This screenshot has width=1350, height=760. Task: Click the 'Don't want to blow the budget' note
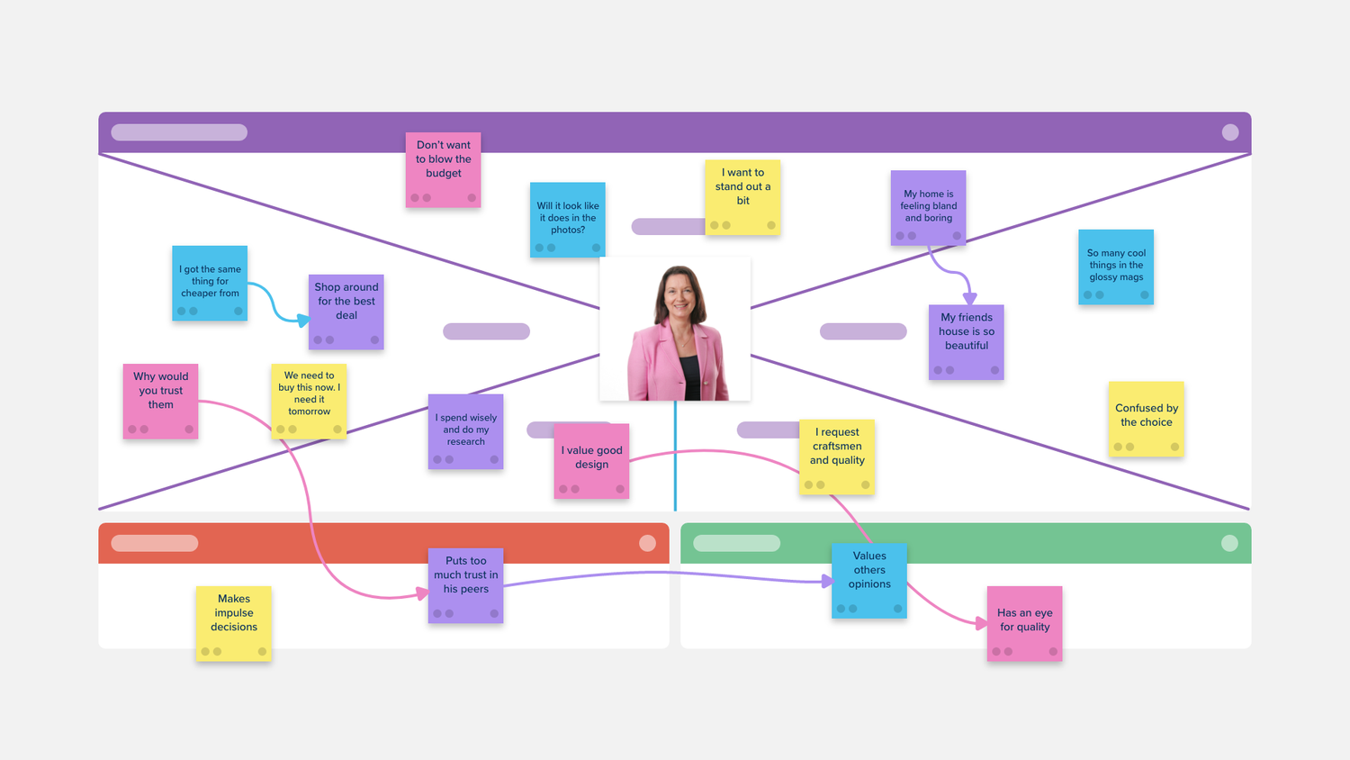443,169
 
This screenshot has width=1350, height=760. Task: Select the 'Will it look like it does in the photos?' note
567,220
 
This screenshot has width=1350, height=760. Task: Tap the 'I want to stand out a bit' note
742,197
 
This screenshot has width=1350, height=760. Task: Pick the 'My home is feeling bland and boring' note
928,208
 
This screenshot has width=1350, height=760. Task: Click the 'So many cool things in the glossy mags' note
1116,267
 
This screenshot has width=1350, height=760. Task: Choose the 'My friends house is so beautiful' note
966,341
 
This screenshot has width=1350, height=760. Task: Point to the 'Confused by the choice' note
1146,419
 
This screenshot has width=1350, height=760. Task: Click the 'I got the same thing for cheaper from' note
210,283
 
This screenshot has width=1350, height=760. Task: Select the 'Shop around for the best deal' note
346,312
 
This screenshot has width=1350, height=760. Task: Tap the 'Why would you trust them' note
160,401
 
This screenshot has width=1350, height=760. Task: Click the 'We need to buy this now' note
309,401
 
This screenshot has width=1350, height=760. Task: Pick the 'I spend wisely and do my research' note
465,431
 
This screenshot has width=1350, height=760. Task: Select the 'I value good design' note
591,460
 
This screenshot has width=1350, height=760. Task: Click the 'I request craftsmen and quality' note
837,456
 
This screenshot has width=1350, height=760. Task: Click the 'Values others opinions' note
869,580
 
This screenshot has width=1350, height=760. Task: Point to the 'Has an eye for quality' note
1024,623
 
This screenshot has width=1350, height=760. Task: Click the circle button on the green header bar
1229,543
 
